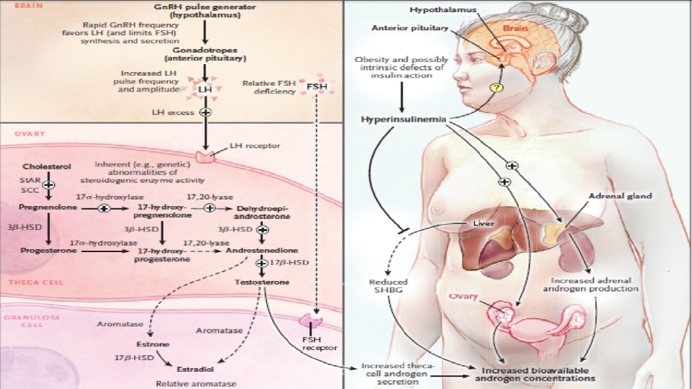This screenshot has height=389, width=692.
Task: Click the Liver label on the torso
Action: click(483, 223)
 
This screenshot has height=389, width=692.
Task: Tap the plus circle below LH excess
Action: click(205, 112)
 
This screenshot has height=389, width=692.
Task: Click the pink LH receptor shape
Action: click(206, 153)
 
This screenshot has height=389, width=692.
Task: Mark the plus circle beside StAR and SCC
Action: click(49, 185)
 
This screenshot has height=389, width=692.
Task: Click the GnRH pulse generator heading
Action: click(205, 11)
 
